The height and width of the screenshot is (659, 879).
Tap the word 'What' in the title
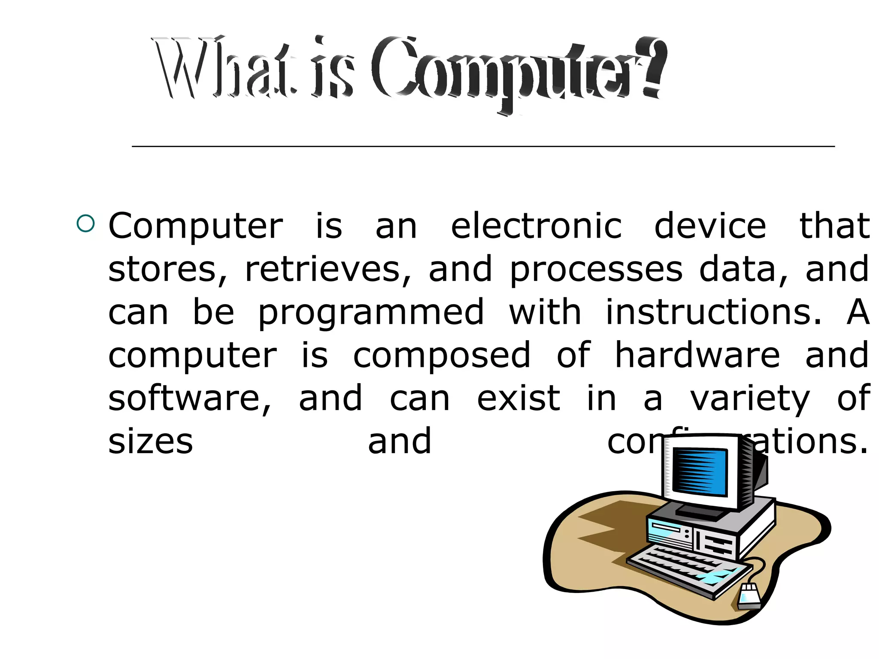pos(223,69)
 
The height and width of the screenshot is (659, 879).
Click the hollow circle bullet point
pos(85,224)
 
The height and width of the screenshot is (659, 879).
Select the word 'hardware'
pos(697,355)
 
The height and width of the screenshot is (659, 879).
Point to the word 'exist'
pos(518,398)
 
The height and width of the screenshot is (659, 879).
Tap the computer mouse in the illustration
pos(749,596)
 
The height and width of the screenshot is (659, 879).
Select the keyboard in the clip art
pos(687,568)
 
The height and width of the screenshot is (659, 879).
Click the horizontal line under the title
pos(483,147)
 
